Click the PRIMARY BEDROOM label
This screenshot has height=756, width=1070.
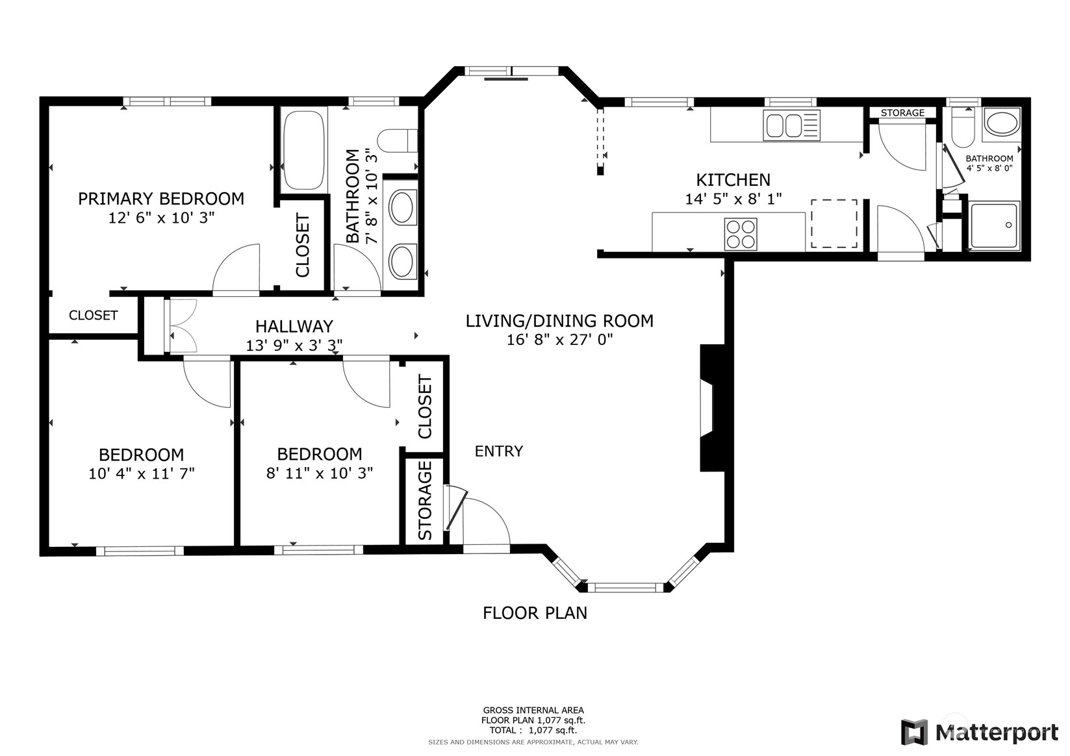click(x=161, y=198)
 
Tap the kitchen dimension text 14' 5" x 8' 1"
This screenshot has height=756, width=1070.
click(x=733, y=199)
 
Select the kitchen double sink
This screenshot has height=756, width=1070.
click(x=791, y=125)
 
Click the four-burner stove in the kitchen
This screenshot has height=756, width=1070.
click(x=741, y=234)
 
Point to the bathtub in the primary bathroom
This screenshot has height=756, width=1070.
click(x=304, y=150)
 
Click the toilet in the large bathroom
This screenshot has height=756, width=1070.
click(x=397, y=141)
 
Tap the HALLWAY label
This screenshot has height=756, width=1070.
click(x=294, y=327)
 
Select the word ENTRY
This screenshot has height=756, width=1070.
click(x=499, y=451)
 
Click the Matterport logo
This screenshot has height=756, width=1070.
click(x=979, y=732)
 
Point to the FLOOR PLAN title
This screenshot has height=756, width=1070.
click(x=535, y=612)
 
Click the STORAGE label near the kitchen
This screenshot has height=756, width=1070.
click(x=902, y=113)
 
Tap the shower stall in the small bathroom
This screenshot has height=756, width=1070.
click(x=994, y=225)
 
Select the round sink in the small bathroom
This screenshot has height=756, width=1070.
click(x=1001, y=123)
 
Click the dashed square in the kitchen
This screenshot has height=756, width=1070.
click(x=834, y=223)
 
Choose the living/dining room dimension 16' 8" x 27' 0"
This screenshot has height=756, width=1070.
click(x=560, y=340)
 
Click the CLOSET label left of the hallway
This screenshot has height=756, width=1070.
click(x=93, y=315)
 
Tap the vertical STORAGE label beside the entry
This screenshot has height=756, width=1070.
click(x=425, y=500)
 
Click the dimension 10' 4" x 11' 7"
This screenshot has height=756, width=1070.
click(x=142, y=473)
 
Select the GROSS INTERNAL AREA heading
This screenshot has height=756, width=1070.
click(x=533, y=710)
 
